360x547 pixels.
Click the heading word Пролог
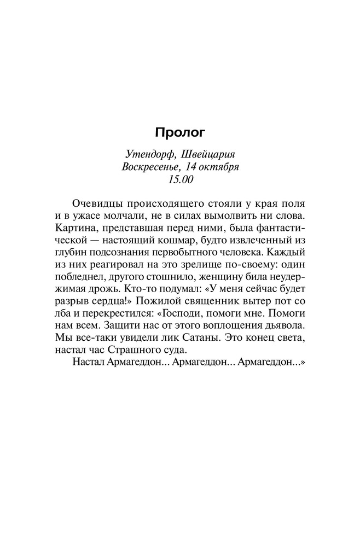point(179,133)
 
